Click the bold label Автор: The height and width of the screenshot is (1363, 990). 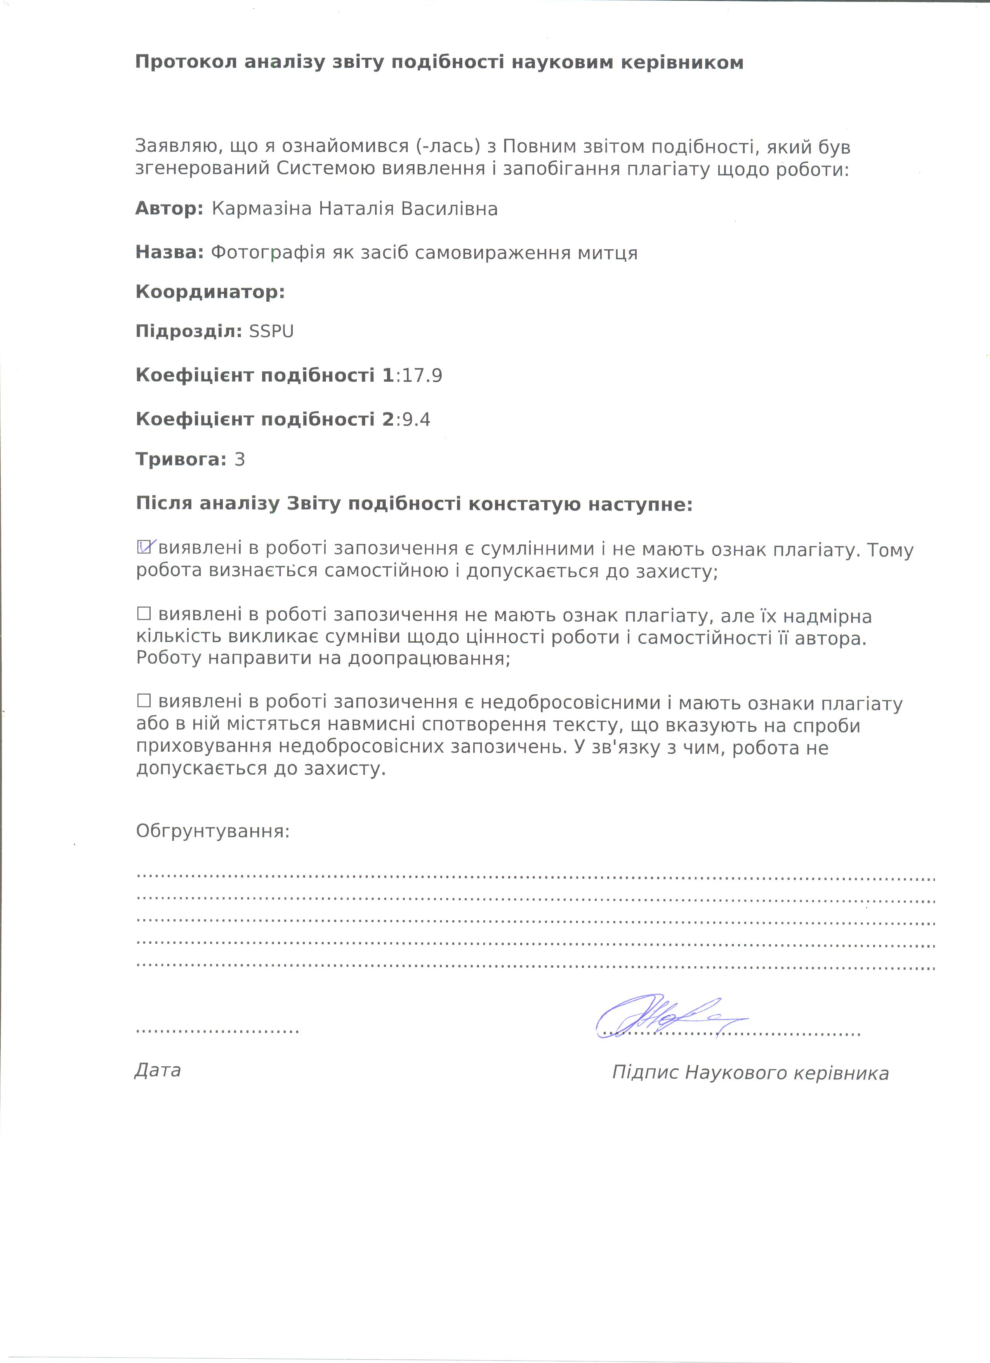click(169, 209)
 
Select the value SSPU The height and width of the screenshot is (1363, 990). click(271, 332)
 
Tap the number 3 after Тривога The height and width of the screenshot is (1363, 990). click(240, 460)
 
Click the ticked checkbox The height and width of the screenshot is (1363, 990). click(144, 547)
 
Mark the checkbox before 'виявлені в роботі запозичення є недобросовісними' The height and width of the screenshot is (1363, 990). click(144, 701)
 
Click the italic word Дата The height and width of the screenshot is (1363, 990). click(157, 1070)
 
